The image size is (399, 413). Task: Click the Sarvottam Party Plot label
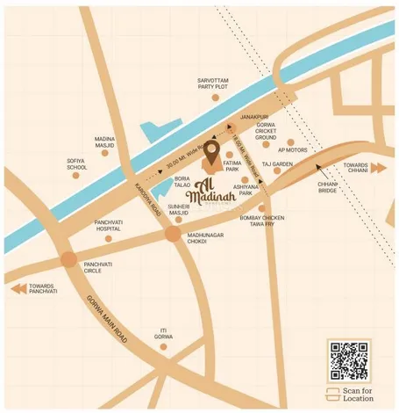pos(213,83)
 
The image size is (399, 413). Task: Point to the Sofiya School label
pos(76,163)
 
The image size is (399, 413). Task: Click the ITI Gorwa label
pos(164,333)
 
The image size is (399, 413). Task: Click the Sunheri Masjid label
pos(178,208)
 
